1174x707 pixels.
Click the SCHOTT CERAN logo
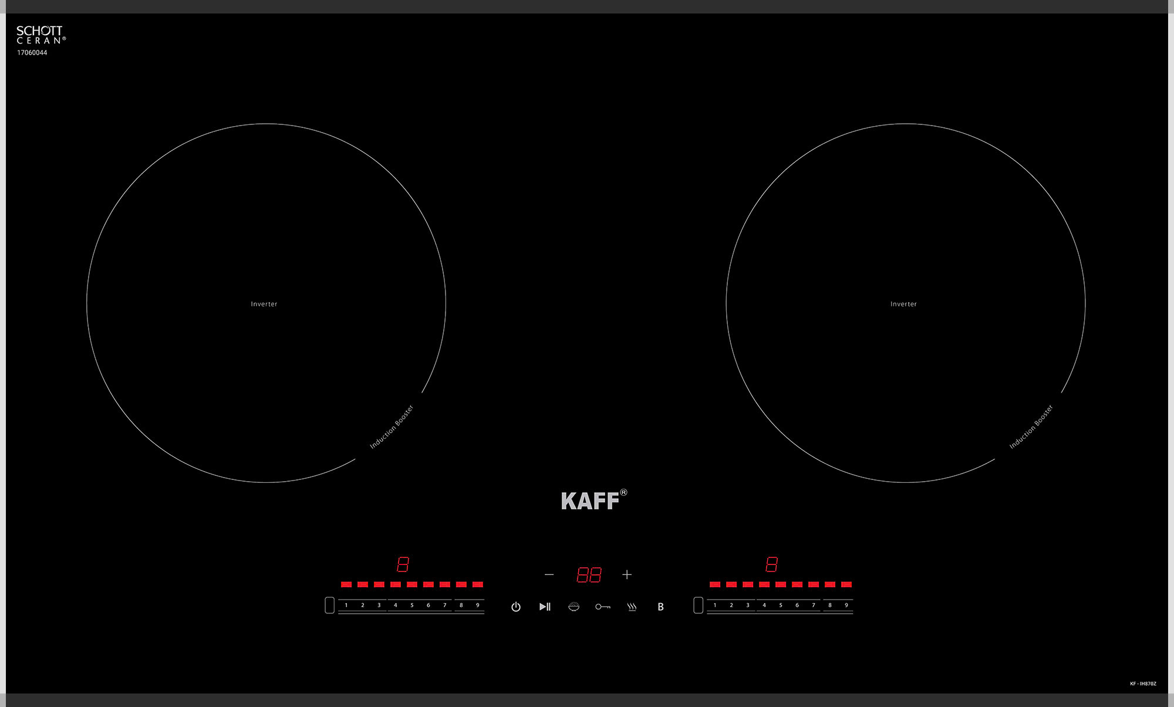coord(40,35)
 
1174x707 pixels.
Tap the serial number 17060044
coord(32,53)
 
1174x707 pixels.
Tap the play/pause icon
coord(545,607)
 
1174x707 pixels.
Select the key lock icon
coord(602,607)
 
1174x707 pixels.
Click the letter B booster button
coord(660,607)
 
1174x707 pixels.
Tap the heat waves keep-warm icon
coord(632,607)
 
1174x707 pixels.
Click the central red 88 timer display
coord(589,575)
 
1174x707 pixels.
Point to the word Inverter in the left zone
coord(264,304)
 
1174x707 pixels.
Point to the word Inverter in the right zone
coord(903,304)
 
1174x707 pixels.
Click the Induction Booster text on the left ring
coord(392,427)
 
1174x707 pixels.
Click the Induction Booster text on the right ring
coord(1031,427)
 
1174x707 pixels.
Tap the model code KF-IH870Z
coord(1143,684)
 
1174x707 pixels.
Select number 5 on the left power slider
coord(412,605)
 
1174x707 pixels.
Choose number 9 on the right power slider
coord(846,605)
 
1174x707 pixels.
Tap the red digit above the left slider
coord(403,564)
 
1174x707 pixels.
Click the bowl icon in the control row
coord(573,607)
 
